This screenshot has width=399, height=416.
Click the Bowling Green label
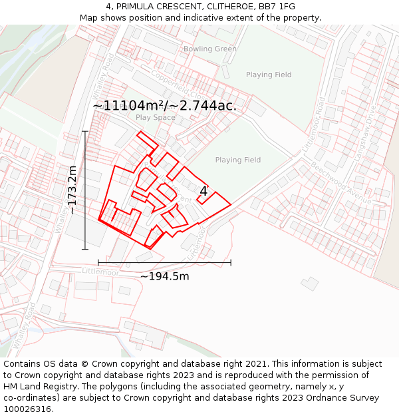pos(209,49)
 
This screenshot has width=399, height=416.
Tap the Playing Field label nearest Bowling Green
pos(269,75)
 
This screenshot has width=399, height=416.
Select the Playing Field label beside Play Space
pos(237,160)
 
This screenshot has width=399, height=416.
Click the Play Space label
pos(156,118)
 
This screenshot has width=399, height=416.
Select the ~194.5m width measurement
pos(164,276)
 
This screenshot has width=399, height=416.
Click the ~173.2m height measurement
pos(72,190)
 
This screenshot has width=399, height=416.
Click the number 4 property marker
pos(203,192)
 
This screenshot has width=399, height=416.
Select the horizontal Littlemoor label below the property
pos(100,272)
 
